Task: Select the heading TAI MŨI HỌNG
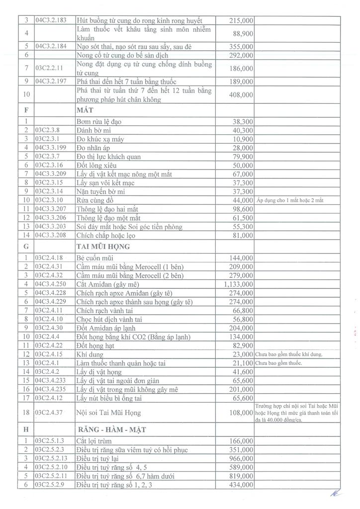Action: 103,247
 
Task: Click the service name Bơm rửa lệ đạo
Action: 99,121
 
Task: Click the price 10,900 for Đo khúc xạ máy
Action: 243,139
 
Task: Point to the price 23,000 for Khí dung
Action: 243,354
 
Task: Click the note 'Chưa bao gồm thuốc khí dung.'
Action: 289,354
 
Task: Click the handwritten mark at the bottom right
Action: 337,493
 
